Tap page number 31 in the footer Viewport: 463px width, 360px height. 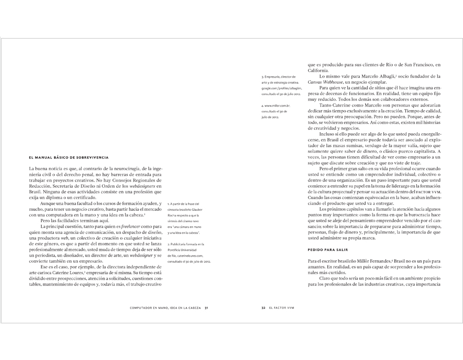point(206,309)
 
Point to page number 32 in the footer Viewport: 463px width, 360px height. point(263,309)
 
